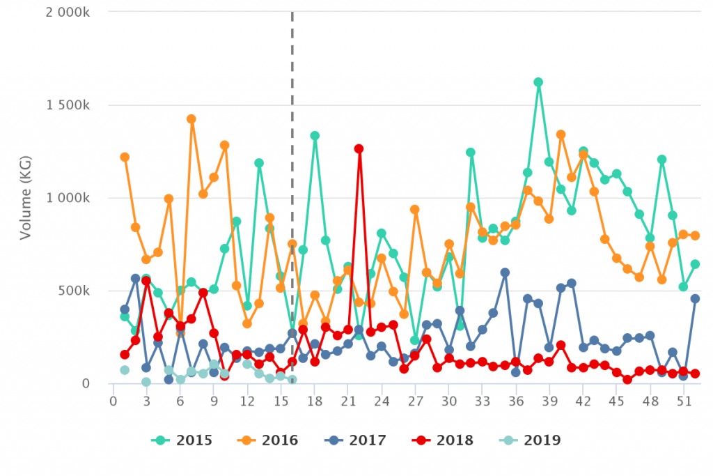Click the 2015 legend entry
coord(182,440)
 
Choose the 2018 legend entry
coord(444,440)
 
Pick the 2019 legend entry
coord(531,440)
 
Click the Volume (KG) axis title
coord(26,198)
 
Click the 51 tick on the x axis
coord(684,401)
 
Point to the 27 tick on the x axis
coord(415,401)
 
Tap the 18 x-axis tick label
coord(315,401)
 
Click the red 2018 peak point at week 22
coord(359,148)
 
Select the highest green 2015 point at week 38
coord(538,82)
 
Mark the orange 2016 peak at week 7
coord(191,119)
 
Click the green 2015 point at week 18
coord(315,136)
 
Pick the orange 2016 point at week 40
coord(561,135)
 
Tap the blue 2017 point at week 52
coord(695,298)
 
